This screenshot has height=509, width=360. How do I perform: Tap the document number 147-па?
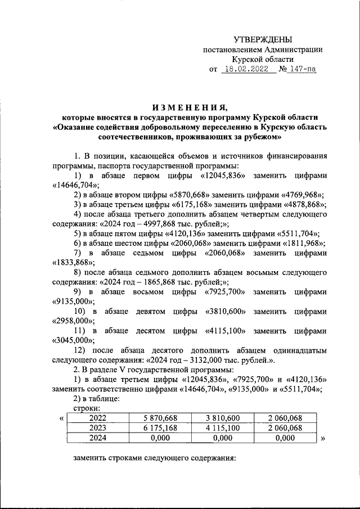click(x=301, y=70)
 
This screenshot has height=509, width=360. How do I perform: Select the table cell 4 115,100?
click(x=222, y=428)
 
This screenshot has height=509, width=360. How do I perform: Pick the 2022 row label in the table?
click(x=98, y=418)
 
